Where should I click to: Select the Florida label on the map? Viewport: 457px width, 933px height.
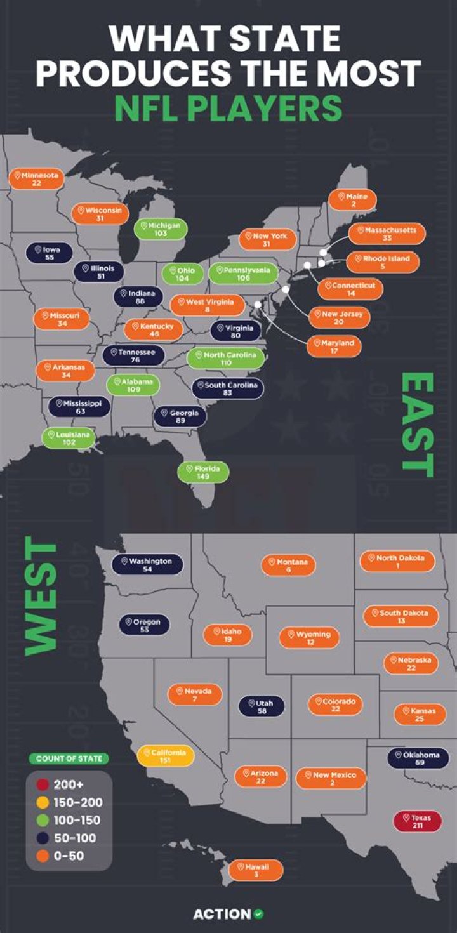(203, 473)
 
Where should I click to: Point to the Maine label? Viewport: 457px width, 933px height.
(352, 201)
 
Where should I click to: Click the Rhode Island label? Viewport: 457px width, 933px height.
(382, 262)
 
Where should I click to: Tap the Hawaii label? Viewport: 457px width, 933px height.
(256, 870)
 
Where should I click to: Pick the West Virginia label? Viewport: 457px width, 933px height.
(208, 305)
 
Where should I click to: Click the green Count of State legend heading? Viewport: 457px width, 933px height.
(69, 758)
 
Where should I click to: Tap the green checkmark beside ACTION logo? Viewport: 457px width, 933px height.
(258, 914)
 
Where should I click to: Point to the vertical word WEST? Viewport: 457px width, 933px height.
(41, 597)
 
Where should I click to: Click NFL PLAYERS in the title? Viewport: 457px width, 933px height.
(228, 108)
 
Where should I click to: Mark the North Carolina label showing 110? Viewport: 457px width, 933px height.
(225, 359)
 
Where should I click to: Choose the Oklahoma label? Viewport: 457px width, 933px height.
(418, 758)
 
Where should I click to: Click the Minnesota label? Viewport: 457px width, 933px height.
(37, 178)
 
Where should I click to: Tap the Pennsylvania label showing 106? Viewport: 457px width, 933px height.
(244, 274)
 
